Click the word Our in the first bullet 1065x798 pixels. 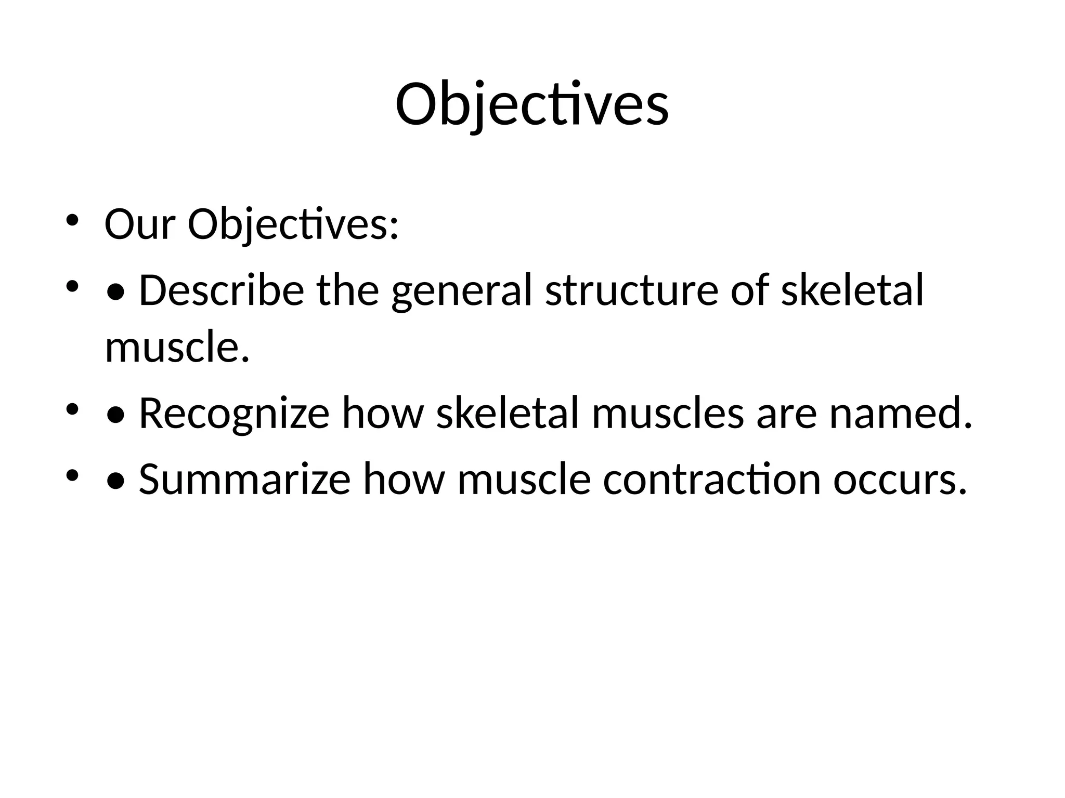[139, 224]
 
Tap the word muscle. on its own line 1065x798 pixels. [177, 347]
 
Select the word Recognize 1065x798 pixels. [233, 414]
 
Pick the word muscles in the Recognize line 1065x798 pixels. [667, 414]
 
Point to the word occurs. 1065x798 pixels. [900, 479]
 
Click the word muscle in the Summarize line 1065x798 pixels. [524, 479]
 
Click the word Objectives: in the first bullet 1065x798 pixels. [293, 224]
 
